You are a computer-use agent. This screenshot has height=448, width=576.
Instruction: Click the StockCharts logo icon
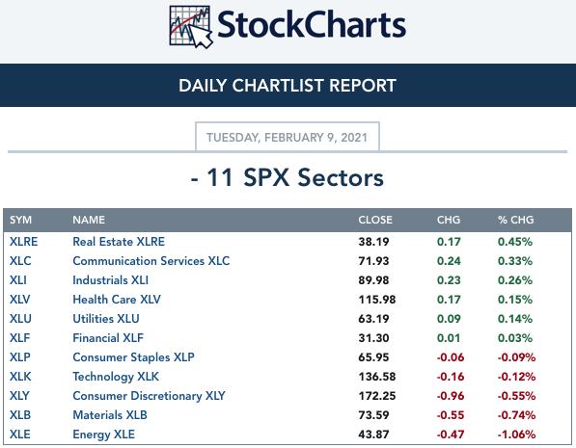(191, 26)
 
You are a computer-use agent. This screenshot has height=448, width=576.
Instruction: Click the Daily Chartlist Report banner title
(288, 86)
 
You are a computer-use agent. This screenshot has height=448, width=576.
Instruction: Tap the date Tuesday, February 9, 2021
(287, 138)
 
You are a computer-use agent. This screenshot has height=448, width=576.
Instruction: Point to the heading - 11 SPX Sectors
(288, 177)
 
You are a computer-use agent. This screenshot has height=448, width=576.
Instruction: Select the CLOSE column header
(375, 220)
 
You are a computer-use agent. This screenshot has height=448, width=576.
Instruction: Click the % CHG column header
(515, 220)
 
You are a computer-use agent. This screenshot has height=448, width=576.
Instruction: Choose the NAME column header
(89, 220)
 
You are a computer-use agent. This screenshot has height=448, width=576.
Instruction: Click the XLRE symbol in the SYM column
(23, 242)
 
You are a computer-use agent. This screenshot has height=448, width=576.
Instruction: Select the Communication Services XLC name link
(151, 261)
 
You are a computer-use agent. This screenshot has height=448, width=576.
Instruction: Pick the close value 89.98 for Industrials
(373, 280)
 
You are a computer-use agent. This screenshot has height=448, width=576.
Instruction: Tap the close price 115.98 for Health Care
(377, 300)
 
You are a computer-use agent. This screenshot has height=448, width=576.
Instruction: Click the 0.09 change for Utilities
(449, 319)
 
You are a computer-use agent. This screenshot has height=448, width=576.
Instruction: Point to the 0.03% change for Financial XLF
(515, 338)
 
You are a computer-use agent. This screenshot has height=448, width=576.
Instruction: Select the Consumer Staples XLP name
(133, 357)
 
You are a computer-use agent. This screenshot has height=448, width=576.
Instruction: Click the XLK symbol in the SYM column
(20, 377)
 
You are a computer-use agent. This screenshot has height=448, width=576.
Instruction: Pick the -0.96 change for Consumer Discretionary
(451, 396)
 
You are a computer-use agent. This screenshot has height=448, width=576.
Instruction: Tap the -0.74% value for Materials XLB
(516, 415)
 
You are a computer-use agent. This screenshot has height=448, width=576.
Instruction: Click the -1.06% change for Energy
(516, 435)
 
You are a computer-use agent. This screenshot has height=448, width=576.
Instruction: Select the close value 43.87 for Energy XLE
(373, 435)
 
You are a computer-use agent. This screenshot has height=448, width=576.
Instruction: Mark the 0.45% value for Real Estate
(515, 242)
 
